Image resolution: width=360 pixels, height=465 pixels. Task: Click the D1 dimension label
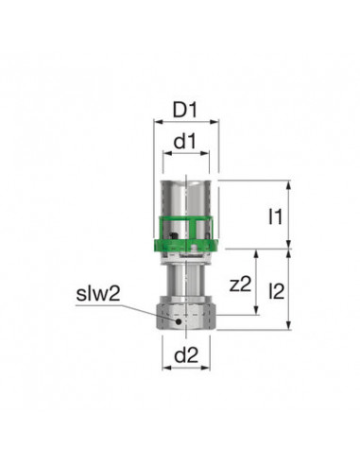[185, 110]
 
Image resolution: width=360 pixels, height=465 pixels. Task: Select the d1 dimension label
[185, 142]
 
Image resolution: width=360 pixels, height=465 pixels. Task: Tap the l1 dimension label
[275, 216]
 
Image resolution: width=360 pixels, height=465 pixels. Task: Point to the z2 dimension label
[241, 284]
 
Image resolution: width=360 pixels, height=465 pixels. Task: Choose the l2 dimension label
[277, 291]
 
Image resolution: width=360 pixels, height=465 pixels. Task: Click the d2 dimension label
[186, 355]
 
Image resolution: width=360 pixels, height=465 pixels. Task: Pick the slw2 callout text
[98, 294]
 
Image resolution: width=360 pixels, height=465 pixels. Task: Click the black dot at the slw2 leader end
[179, 321]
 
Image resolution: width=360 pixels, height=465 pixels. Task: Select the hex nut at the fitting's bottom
[186, 313]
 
